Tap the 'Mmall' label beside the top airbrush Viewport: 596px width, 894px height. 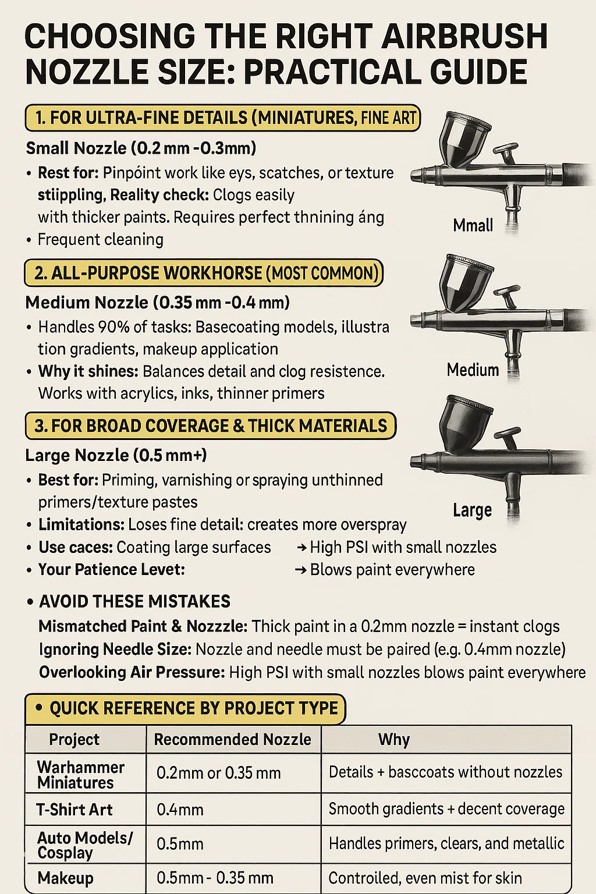[473, 225]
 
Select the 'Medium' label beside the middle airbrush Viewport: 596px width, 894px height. [473, 370]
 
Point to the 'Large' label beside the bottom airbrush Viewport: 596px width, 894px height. [472, 510]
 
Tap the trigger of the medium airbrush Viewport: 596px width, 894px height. [507, 297]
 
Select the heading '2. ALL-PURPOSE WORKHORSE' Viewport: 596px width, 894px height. [148, 274]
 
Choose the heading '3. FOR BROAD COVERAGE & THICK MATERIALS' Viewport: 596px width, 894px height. [210, 426]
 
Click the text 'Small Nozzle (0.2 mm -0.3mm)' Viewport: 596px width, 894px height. [141, 148]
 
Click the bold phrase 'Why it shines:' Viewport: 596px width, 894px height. [88, 371]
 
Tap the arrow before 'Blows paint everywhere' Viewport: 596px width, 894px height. [300, 570]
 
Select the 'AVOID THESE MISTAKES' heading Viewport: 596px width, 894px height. [134, 601]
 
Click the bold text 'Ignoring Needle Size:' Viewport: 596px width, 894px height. [115, 650]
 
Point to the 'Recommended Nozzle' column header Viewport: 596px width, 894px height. [232, 740]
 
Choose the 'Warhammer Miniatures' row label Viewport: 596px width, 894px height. [81, 775]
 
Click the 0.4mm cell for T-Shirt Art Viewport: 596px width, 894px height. [180, 810]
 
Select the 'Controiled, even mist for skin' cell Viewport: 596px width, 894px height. [425, 878]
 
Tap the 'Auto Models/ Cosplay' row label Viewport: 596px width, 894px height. [84, 845]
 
